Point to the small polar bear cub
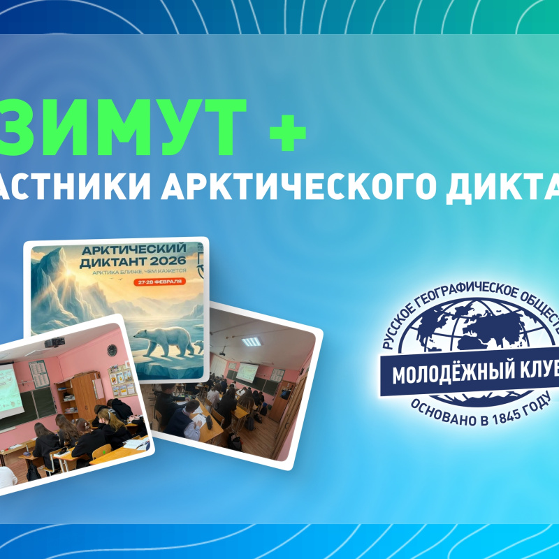tap(198, 343)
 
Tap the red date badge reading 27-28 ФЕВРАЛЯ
tap(159, 282)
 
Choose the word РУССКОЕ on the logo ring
tap(395, 335)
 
